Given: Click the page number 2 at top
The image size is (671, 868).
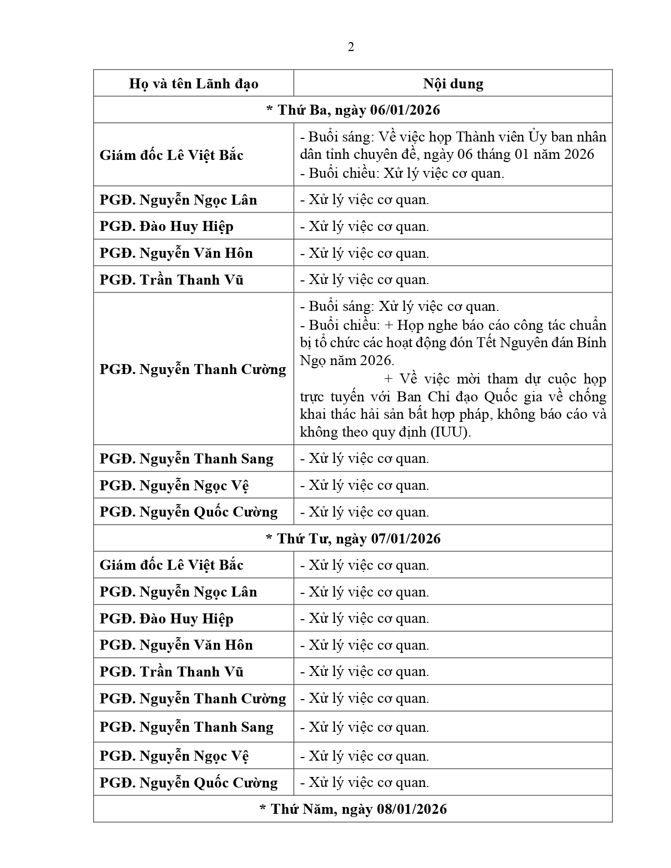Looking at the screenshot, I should tap(351, 47).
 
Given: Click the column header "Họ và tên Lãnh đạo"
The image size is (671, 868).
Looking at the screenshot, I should tap(193, 84).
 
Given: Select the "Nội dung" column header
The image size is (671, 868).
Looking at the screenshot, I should tap(453, 84).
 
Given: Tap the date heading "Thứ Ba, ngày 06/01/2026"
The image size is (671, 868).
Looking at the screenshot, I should tap(353, 110).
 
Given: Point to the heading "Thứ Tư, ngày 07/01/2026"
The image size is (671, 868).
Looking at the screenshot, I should tap(353, 539).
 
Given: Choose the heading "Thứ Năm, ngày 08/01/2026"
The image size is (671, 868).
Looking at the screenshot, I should tap(353, 809).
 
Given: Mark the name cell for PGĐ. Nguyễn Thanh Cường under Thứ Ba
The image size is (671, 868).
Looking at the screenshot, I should tap(193, 369).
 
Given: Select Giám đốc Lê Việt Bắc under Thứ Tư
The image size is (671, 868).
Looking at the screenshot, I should tap(172, 565).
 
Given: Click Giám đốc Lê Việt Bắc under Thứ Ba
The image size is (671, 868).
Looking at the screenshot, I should tap(172, 155).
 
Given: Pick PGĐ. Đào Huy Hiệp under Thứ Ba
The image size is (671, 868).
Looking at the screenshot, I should tap(166, 226).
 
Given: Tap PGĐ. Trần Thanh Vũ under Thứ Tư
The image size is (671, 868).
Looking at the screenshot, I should tap(172, 672).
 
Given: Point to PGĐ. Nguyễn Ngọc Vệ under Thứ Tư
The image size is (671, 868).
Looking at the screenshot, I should tap(174, 756).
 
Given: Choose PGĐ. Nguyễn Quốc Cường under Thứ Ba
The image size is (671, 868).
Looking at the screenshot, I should tap(188, 512).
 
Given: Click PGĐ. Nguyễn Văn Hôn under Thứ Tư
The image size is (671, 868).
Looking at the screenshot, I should tap(176, 645).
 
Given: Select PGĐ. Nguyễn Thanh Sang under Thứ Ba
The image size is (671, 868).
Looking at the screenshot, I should tap(186, 459).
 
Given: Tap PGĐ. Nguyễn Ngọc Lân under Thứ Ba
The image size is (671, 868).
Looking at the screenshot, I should tap(178, 200).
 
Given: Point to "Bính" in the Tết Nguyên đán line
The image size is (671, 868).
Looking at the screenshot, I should tap(592, 342).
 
